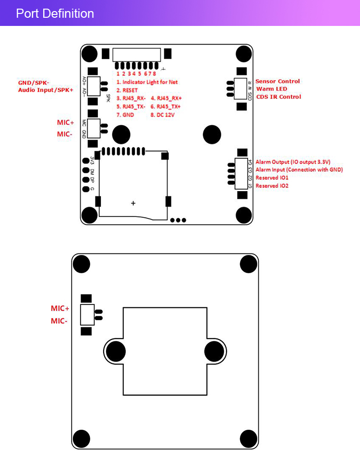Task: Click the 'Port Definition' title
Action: [55, 13]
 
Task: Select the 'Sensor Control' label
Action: [277, 81]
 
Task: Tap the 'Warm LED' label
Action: [272, 89]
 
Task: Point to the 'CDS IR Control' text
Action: [278, 97]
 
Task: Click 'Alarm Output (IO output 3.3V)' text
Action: [293, 162]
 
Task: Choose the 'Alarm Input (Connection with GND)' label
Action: [299, 169]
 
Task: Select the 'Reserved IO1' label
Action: [272, 178]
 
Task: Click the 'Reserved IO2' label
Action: [272, 185]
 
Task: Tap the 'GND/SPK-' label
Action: [34, 83]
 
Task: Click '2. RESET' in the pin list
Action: [127, 90]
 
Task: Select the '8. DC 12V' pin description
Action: [163, 115]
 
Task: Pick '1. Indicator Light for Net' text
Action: [147, 82]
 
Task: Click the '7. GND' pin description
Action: [125, 115]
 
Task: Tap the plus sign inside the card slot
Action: [133, 204]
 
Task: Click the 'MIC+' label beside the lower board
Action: [60, 308]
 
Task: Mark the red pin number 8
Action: [154, 73]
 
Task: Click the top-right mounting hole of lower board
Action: [249, 264]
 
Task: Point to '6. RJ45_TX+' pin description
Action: [166, 107]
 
